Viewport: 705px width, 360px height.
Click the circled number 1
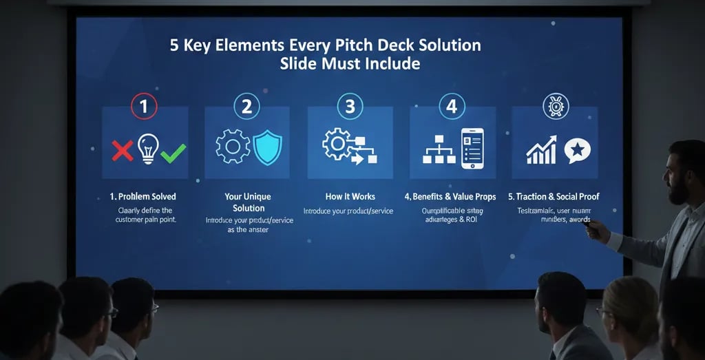click(x=144, y=107)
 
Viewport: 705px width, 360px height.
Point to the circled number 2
click(x=246, y=107)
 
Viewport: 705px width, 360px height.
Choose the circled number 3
click(x=350, y=107)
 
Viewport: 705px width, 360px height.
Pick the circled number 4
click(x=452, y=107)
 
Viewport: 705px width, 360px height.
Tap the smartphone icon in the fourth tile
click(x=472, y=148)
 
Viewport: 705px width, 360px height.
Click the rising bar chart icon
click(x=541, y=149)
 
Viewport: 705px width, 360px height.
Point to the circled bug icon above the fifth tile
click(x=555, y=107)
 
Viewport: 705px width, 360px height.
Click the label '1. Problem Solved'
click(x=143, y=197)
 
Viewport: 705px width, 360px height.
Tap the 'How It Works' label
click(x=350, y=197)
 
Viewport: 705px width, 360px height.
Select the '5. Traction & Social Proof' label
click(x=554, y=197)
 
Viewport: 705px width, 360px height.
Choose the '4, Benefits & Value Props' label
click(x=450, y=197)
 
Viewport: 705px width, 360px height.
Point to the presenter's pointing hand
click(x=596, y=231)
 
